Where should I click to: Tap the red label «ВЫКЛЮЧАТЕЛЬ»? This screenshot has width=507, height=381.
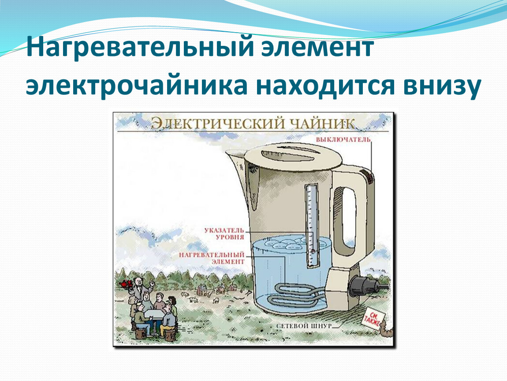[x=343, y=140]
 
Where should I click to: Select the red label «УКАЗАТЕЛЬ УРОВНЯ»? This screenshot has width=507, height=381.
[x=224, y=233]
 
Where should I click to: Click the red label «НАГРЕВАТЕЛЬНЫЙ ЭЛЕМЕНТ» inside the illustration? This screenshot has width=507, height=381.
[x=212, y=258]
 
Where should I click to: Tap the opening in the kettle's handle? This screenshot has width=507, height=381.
[x=348, y=216]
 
